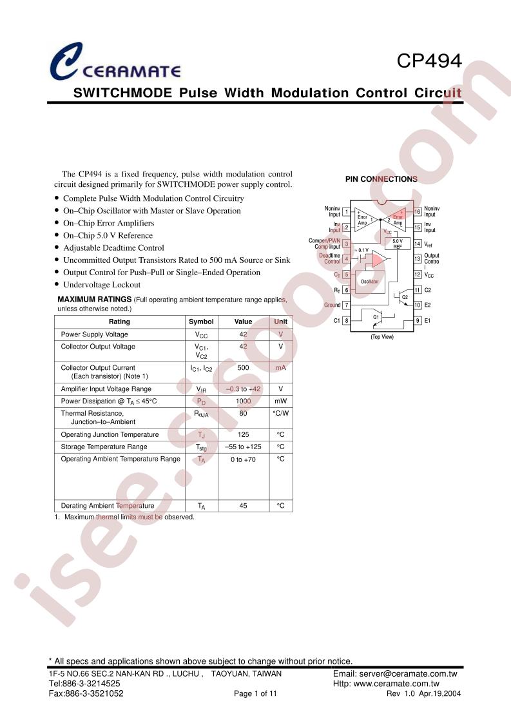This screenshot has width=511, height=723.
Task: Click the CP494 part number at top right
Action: click(x=429, y=61)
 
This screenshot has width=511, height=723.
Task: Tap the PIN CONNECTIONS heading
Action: click(x=381, y=179)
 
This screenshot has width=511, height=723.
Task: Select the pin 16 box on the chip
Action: click(x=418, y=211)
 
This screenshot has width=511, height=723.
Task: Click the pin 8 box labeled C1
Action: click(x=346, y=320)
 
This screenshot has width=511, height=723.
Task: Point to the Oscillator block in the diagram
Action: click(x=369, y=281)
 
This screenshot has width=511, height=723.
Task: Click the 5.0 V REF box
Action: click(x=397, y=244)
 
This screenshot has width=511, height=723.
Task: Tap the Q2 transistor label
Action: click(x=405, y=298)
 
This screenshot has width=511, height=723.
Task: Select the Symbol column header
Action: click(x=201, y=322)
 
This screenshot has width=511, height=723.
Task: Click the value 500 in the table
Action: click(x=243, y=368)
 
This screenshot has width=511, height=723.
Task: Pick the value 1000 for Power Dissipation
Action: click(x=243, y=401)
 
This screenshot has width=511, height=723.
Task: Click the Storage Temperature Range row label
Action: click(x=104, y=447)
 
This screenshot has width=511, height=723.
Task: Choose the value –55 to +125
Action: click(x=243, y=447)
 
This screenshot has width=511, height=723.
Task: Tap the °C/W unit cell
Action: click(x=280, y=414)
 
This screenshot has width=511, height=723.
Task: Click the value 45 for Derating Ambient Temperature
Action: click(x=243, y=506)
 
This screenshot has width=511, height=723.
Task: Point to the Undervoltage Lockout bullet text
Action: click(x=102, y=285)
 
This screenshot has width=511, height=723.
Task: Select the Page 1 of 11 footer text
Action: click(x=255, y=693)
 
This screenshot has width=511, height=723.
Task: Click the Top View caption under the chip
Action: click(x=382, y=337)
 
